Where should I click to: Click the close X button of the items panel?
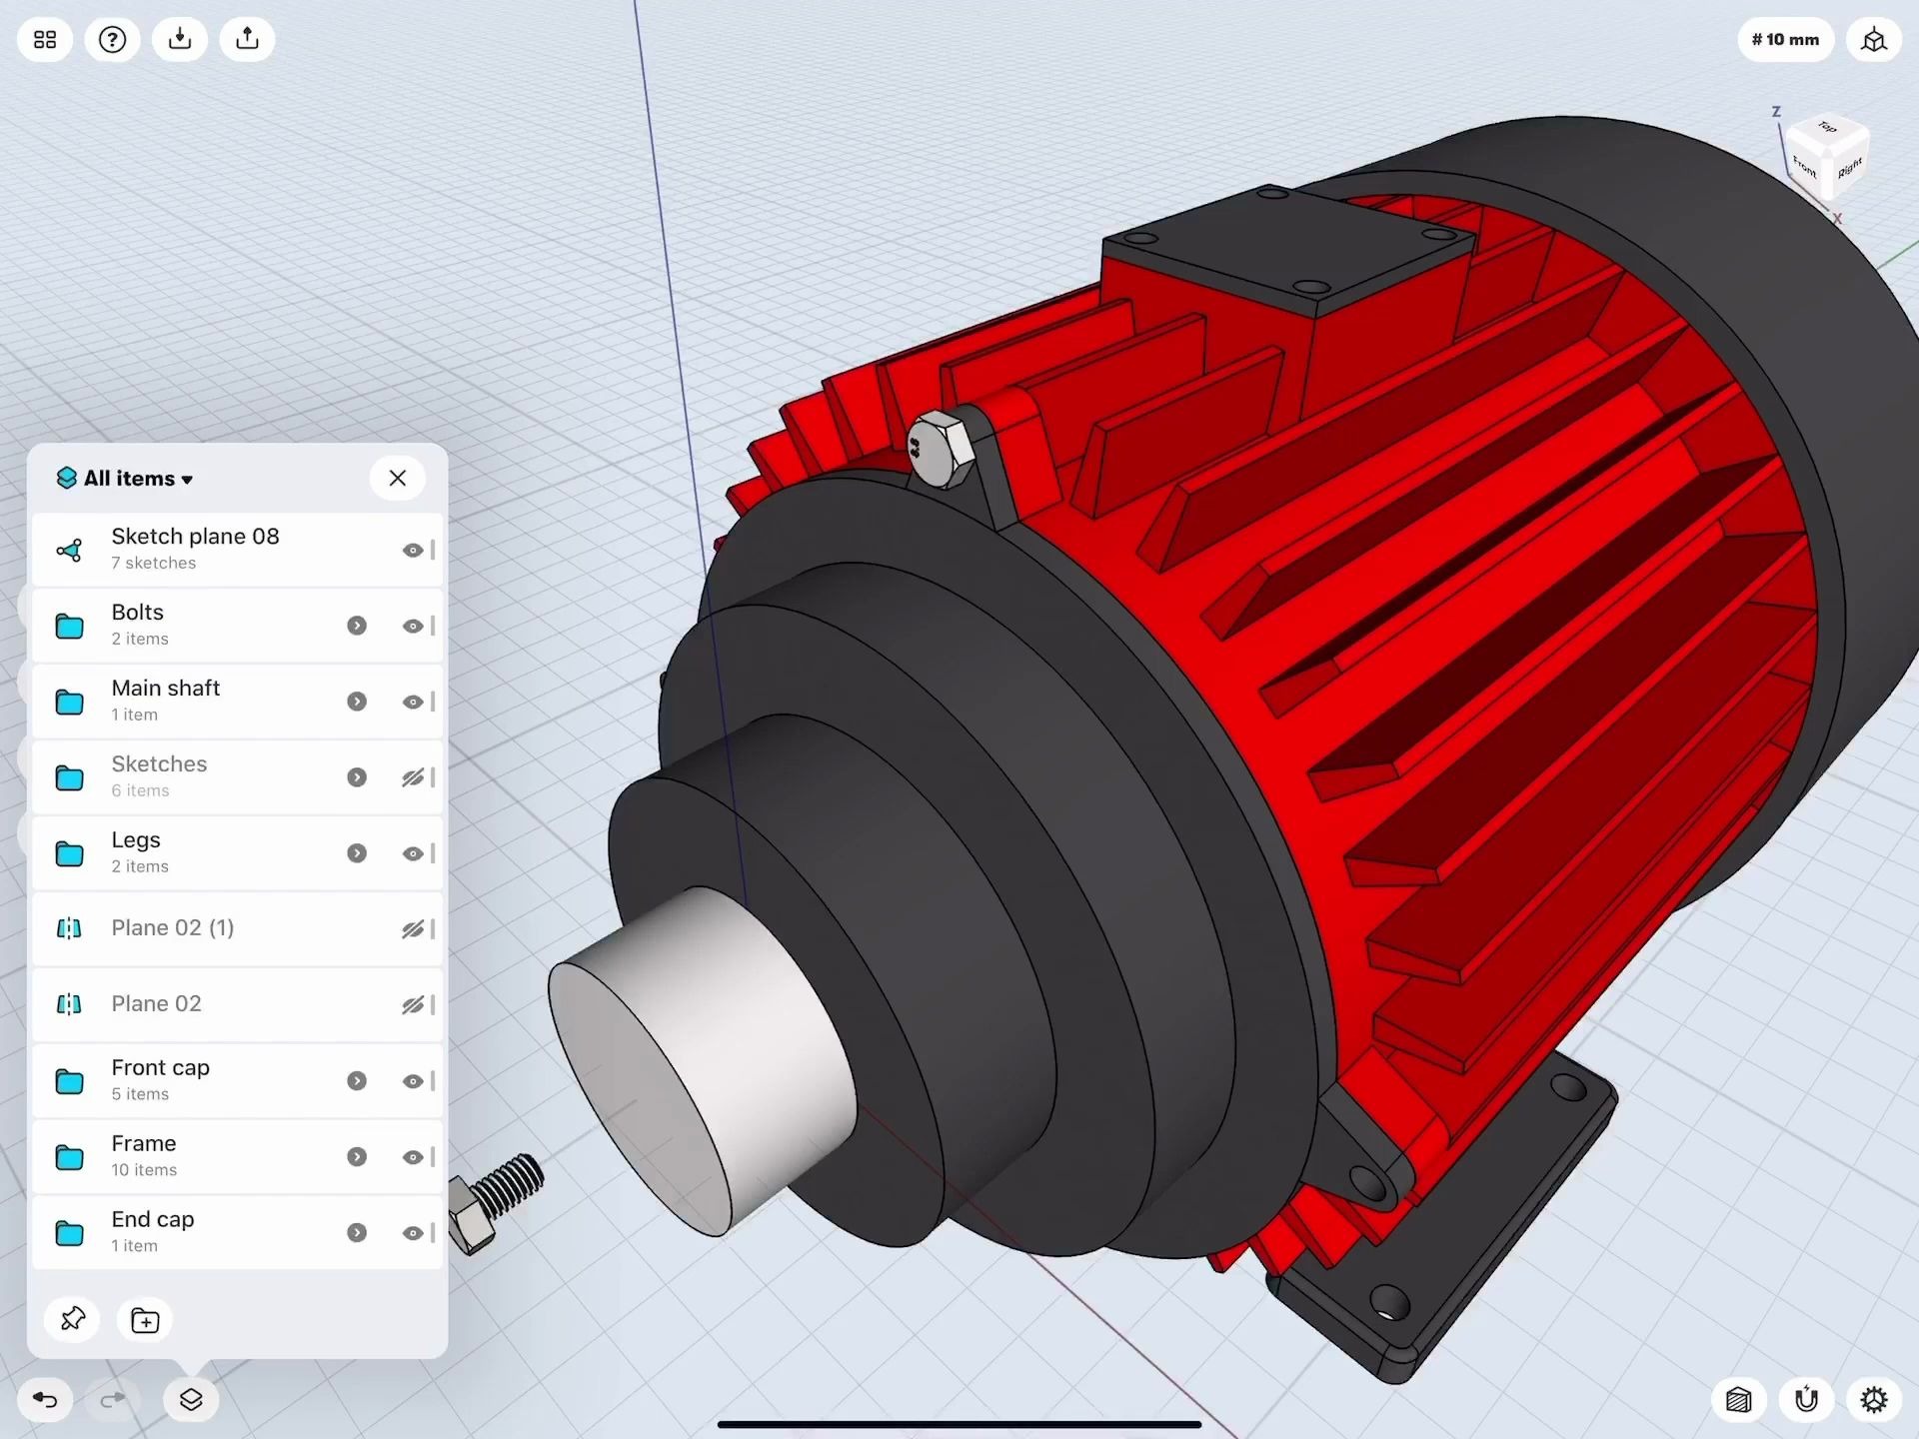coord(397,478)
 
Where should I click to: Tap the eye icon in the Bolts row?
coord(412,626)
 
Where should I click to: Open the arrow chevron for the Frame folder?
coord(357,1156)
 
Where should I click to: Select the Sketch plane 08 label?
coord(195,537)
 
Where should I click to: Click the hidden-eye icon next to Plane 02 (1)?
coord(412,929)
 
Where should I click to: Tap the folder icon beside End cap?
coord(69,1232)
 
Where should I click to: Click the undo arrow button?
coord(45,1399)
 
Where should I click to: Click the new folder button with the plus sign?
coord(145,1320)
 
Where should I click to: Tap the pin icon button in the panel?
coord(73,1320)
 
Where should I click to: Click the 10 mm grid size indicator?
coord(1785,40)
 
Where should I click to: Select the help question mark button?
coord(112,40)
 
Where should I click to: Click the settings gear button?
coord(1873,1399)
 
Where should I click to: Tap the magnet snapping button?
coord(1806,1399)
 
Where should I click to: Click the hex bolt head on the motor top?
coord(940,450)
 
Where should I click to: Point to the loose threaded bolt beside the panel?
coord(495,1199)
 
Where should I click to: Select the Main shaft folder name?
coord(165,689)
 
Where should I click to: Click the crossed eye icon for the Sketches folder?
coord(412,777)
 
